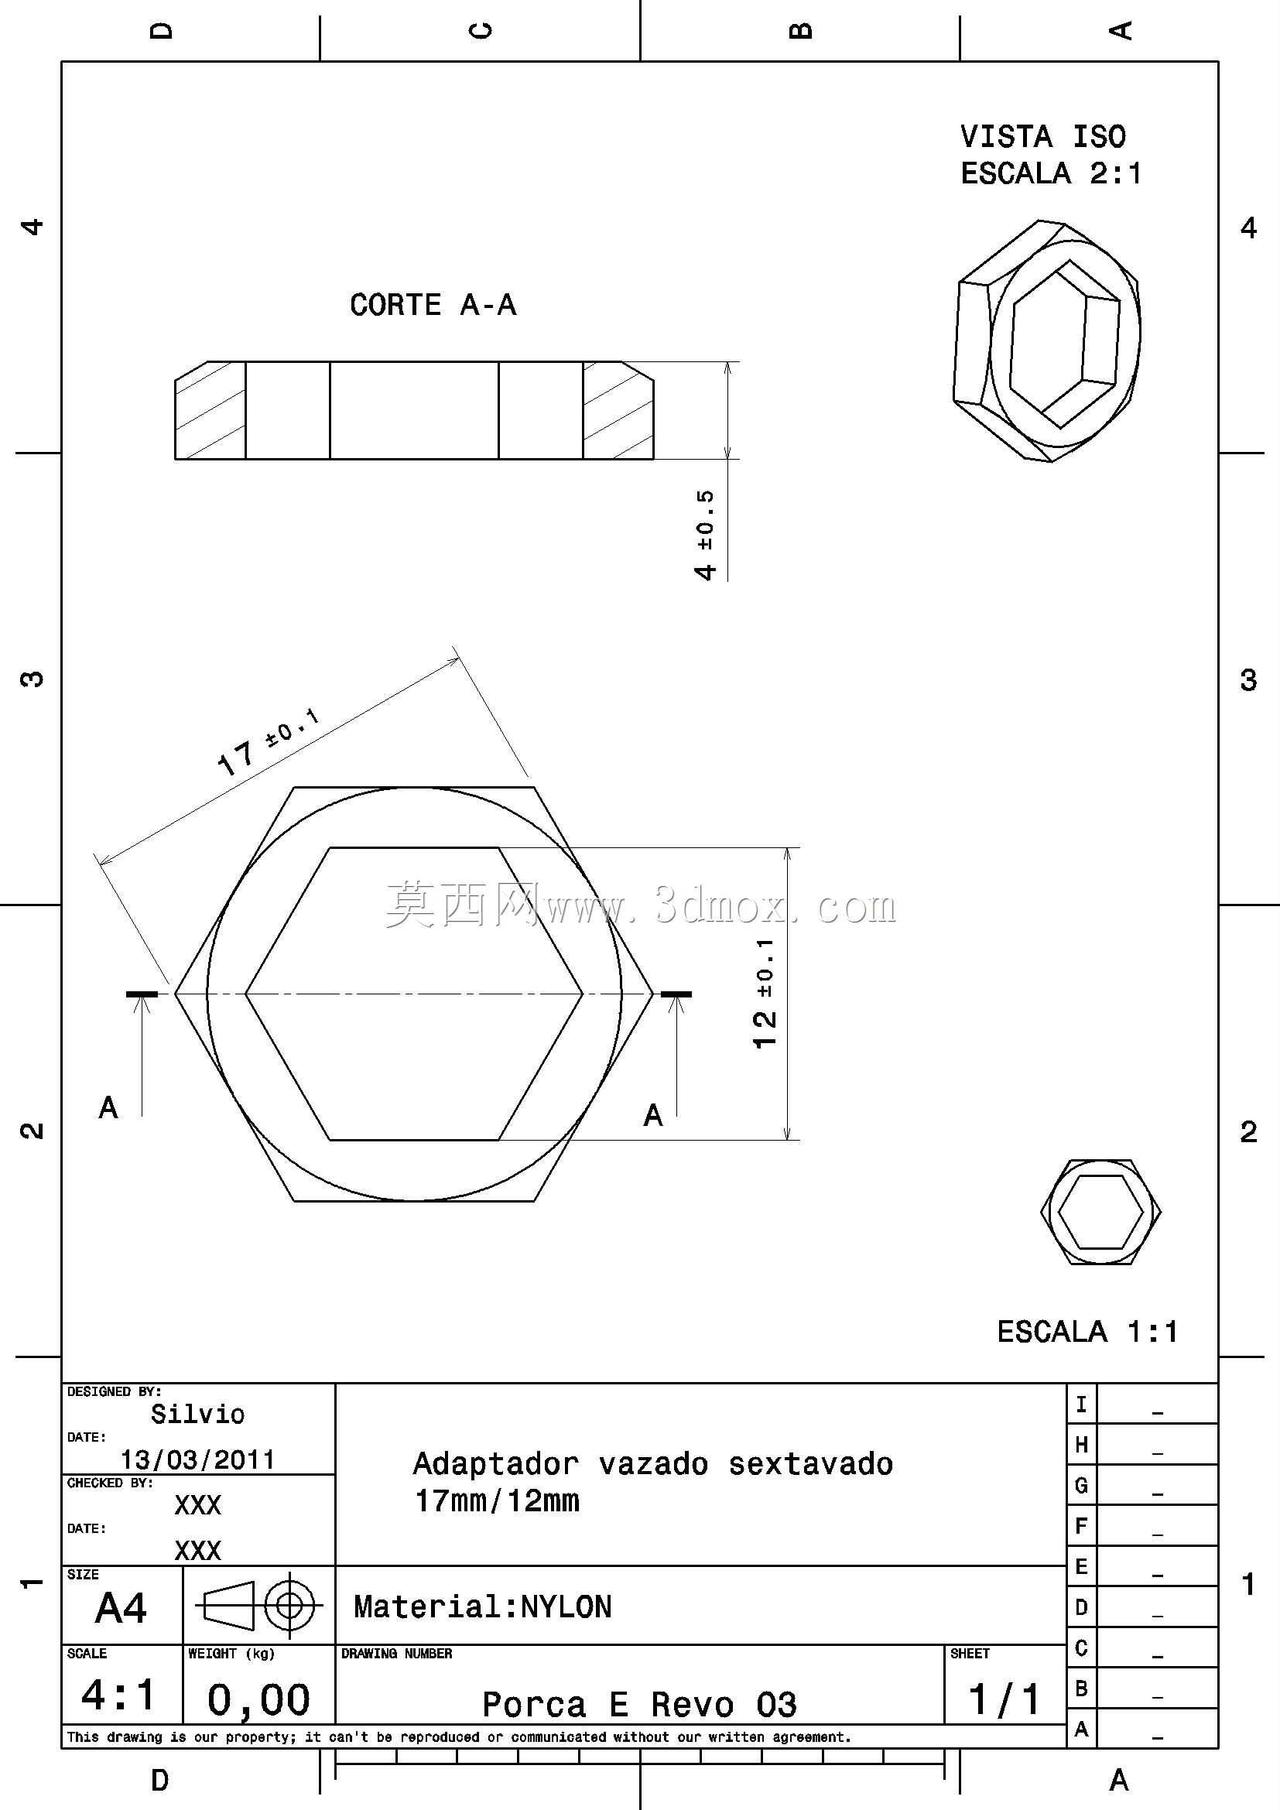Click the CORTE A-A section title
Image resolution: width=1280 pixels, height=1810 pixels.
tap(433, 305)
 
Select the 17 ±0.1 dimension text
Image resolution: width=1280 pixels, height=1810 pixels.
tap(269, 742)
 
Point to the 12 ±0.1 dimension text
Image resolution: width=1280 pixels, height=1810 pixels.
tap(765, 994)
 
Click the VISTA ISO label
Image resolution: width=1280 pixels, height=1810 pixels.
tap(1042, 136)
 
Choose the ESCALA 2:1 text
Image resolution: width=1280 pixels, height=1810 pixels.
tap(1051, 173)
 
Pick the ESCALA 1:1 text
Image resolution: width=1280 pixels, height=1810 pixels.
tap(1087, 1332)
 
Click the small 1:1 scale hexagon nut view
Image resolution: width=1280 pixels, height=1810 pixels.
tap(1100, 1212)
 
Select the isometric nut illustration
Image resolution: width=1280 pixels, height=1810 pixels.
tap(1048, 340)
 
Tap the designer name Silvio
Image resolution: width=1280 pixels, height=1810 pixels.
tap(198, 1414)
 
